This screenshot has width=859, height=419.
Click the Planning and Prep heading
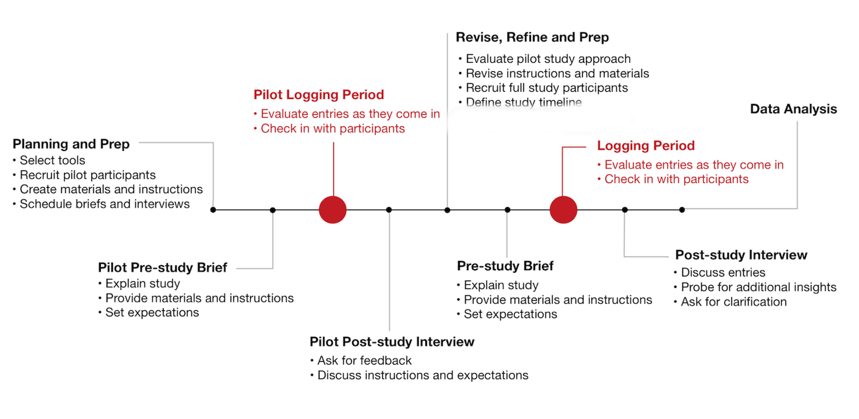coord(71,144)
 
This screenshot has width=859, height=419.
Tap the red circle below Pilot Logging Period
coord(333,210)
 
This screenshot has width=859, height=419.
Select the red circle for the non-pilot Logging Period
coord(563,210)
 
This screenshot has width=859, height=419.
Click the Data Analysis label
coord(793,109)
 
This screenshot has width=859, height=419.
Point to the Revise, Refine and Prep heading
coord(532,37)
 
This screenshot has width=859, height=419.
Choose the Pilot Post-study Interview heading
coord(392,342)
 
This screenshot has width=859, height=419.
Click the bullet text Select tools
coord(52,160)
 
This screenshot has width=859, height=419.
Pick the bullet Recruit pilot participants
coord(88,175)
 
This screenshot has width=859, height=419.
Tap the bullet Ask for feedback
coord(364,361)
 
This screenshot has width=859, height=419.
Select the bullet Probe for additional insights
coord(758,287)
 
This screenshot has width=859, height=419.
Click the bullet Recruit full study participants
coord(547,87)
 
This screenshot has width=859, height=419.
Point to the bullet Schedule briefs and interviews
coord(105,204)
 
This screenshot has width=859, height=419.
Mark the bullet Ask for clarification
coord(733,302)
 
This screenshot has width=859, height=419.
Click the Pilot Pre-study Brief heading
coord(162,267)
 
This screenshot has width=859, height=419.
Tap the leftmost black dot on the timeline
coord(213,210)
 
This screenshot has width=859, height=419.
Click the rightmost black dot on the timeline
coord(682,210)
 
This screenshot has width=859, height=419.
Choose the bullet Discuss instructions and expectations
coord(423,375)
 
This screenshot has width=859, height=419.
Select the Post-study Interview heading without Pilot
coord(741,255)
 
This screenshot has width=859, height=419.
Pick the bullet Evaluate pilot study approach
coord(548,58)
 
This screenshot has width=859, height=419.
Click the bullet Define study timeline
coord(523,102)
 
